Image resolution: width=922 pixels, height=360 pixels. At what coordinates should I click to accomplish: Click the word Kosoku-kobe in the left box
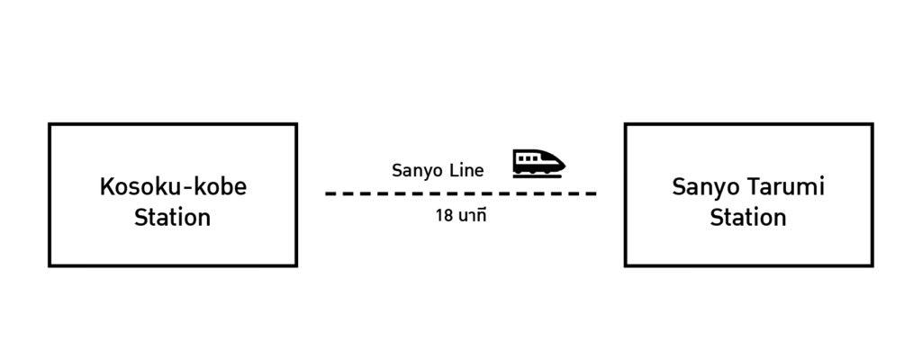(172, 187)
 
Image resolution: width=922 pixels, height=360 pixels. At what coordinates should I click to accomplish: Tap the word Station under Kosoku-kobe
(172, 218)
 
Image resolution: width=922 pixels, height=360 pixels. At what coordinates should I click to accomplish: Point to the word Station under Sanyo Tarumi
(747, 218)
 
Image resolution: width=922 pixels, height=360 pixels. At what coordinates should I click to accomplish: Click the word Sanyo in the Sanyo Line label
(415, 170)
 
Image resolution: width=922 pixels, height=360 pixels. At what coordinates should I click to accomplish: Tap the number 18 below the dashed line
(443, 216)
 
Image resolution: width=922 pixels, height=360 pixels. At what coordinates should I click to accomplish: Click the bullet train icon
(538, 163)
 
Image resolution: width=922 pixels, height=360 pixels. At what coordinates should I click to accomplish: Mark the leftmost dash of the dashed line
(330, 193)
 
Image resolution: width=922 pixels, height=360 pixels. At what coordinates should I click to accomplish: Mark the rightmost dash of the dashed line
(590, 193)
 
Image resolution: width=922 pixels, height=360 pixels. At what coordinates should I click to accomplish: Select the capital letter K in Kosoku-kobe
(105, 187)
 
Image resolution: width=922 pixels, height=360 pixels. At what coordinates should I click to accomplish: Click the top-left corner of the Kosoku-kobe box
(50, 124)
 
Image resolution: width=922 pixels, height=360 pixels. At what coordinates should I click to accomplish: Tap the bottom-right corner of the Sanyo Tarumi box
(872, 265)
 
